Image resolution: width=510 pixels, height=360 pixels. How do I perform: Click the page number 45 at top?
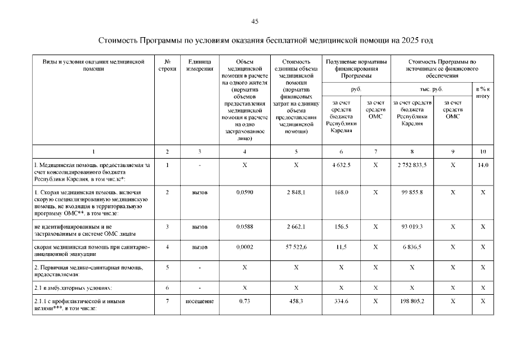[x=254, y=21]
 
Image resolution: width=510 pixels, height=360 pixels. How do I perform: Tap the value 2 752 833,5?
[x=413, y=165]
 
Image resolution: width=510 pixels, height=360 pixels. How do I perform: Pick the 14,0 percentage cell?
[x=482, y=165]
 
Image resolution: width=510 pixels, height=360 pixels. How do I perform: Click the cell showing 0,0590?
[x=244, y=193]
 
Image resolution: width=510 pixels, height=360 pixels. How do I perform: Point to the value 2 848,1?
[x=296, y=193]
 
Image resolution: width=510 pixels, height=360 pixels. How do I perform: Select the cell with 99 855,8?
[x=413, y=193]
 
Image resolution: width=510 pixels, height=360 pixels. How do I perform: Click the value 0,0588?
[x=244, y=227]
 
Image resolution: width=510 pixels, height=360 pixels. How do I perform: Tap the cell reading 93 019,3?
[x=413, y=227]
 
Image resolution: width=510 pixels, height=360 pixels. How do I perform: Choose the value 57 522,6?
[x=296, y=247]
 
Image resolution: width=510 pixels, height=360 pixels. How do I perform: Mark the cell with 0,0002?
[x=244, y=247]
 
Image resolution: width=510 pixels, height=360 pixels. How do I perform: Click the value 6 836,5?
[x=413, y=247]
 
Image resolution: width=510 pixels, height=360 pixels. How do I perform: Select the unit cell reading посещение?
[x=200, y=301]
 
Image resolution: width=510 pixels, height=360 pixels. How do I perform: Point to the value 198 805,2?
[x=413, y=301]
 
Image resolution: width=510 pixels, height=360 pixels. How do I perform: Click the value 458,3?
[x=296, y=301]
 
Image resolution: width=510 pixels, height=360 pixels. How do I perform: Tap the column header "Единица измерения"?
[x=200, y=65]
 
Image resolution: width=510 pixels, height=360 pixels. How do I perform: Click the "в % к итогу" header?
[x=482, y=92]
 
